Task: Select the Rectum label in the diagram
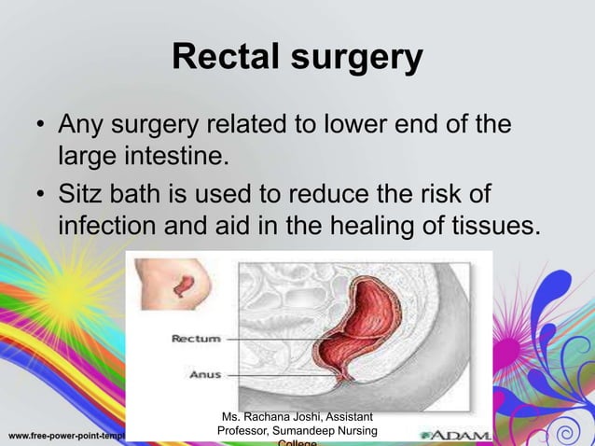click(x=195, y=339)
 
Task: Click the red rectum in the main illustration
click(x=368, y=327)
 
